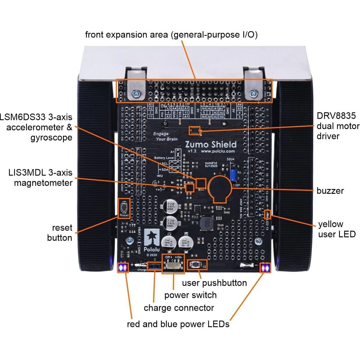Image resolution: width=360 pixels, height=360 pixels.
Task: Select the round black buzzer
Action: (220, 189)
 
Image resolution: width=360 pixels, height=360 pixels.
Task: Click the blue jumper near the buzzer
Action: (232, 175)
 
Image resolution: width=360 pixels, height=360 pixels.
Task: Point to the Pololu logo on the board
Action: (151, 238)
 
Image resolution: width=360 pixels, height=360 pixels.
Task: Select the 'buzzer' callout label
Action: (330, 191)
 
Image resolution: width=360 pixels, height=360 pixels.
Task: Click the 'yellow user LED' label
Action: (336, 229)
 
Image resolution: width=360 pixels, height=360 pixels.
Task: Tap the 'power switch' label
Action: (190, 295)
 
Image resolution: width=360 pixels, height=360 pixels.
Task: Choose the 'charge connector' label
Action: (179, 308)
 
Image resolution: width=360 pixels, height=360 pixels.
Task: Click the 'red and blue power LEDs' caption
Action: (178, 324)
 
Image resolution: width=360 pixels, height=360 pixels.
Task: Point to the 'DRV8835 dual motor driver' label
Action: (337, 126)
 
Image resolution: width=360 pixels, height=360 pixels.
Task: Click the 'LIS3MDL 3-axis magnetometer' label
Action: (40, 178)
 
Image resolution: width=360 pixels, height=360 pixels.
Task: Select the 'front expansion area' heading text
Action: (171, 35)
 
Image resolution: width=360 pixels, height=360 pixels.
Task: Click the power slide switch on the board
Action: (173, 265)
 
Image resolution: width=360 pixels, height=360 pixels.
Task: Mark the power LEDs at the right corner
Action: (265, 268)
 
